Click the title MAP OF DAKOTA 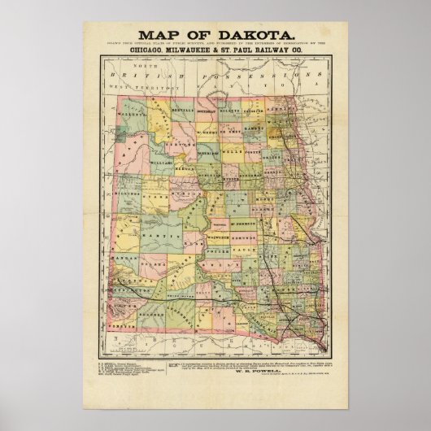[215, 34]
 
